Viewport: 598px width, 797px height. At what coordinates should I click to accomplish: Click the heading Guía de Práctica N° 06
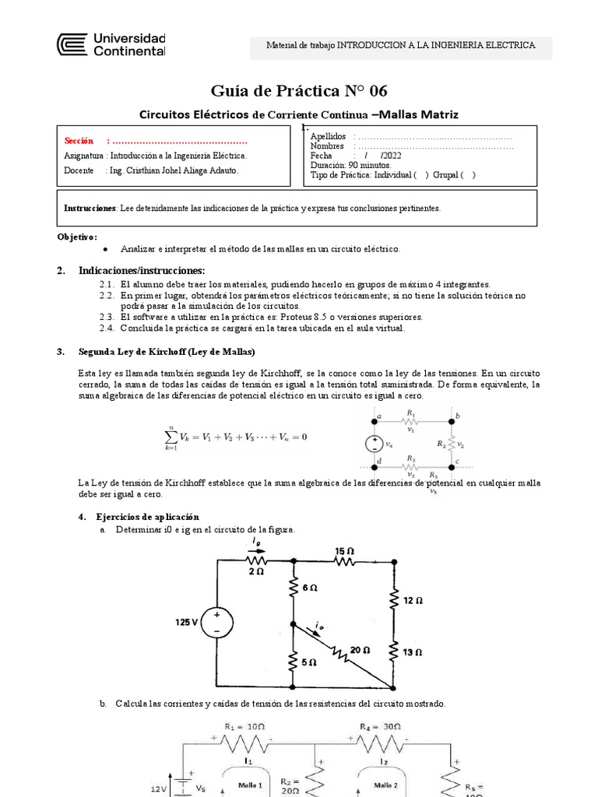[298, 90]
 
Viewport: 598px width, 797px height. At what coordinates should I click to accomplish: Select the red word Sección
[79, 141]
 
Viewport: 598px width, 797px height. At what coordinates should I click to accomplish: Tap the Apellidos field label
[328, 136]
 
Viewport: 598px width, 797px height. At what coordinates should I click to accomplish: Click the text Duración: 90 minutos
[350, 165]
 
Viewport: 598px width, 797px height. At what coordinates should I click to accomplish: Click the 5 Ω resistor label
[308, 662]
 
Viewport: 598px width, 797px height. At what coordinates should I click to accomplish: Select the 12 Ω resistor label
[413, 601]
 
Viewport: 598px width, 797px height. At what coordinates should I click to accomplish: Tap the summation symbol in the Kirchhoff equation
[169, 437]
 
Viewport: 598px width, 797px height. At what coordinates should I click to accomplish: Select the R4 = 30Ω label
[380, 726]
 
